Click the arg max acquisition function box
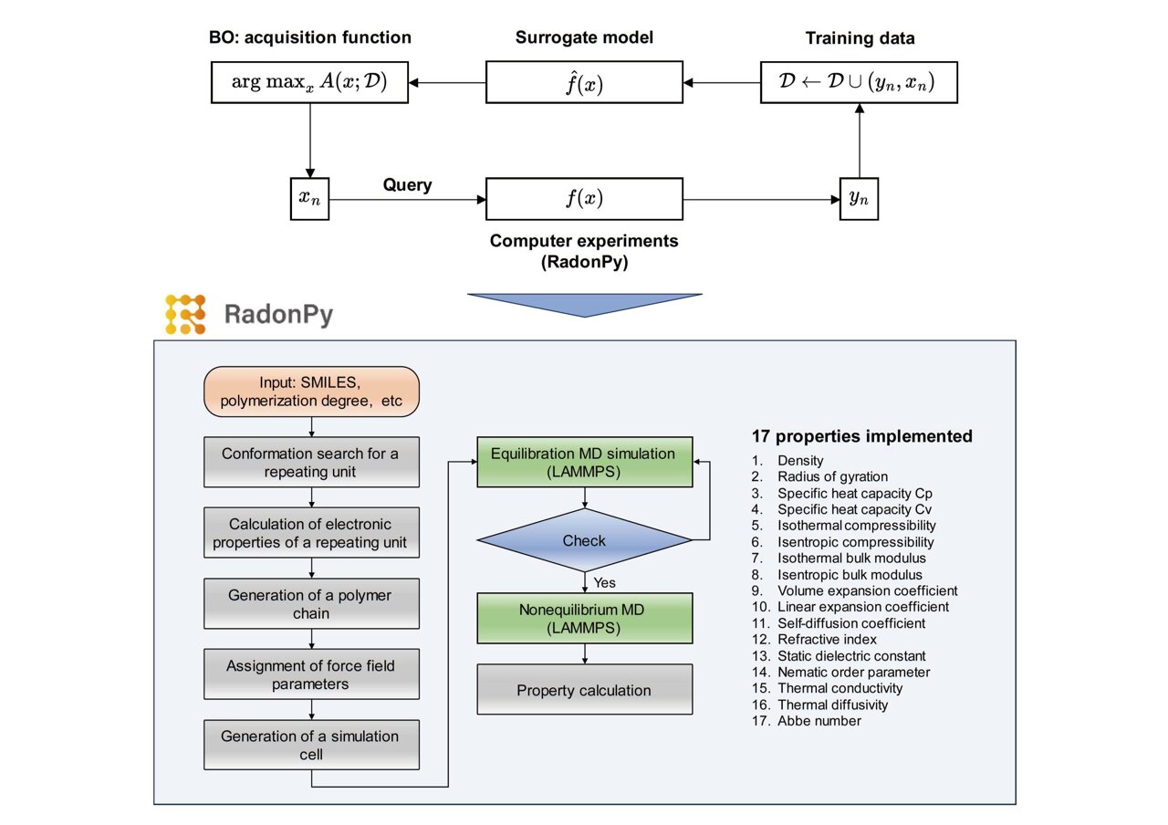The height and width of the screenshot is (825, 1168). tap(309, 83)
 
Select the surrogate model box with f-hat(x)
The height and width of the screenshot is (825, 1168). tap(584, 83)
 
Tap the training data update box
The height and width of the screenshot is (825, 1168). tap(859, 83)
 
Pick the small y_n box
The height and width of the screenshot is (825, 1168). tap(859, 198)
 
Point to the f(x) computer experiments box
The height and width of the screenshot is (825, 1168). tap(584, 198)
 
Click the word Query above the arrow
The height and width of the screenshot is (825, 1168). tap(407, 185)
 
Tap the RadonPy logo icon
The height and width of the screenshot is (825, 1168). tap(186, 314)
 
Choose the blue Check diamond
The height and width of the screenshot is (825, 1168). tap(584, 540)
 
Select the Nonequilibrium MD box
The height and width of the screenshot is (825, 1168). tap(584, 618)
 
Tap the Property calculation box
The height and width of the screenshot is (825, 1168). tap(584, 690)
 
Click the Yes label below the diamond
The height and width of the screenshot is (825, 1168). tap(603, 581)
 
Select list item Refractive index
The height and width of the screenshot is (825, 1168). tap(826, 640)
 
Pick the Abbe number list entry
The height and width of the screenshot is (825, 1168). tap(819, 721)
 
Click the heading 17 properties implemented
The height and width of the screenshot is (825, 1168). tap(861, 436)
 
